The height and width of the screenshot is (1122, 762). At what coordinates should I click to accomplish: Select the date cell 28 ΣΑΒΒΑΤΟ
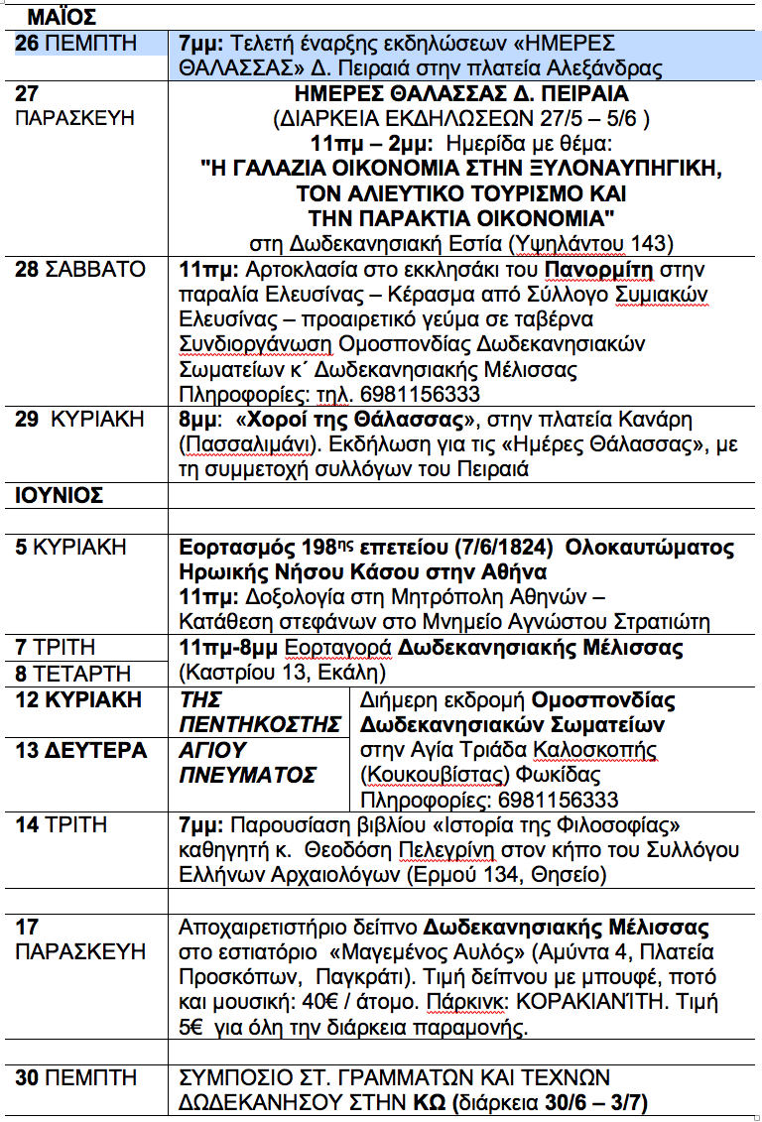80,270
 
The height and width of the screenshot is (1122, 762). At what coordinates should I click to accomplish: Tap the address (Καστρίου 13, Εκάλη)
281,673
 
